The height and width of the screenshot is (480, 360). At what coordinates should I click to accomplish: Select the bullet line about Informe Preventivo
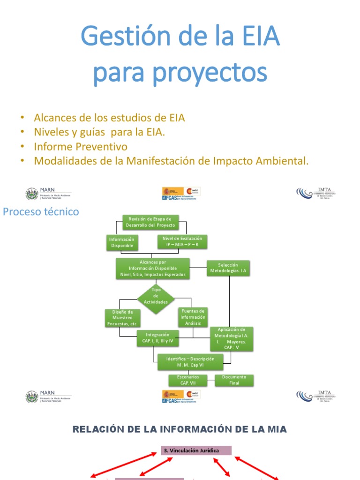coord(81,147)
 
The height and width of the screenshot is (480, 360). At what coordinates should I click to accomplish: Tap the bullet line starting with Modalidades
coord(172,161)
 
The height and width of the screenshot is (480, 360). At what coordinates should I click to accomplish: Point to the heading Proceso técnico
coord(41,212)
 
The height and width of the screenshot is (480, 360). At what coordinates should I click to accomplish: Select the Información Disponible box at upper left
coord(121,242)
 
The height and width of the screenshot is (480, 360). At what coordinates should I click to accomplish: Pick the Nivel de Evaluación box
coord(181,241)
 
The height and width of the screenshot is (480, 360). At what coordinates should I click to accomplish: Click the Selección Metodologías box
coord(228,269)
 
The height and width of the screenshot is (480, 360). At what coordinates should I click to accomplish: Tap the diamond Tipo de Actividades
coord(156,296)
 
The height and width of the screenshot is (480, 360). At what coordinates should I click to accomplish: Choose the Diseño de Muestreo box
coord(123,318)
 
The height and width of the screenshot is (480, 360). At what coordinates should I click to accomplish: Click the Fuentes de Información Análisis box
coord(193,317)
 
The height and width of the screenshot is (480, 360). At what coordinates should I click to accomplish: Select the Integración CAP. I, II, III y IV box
coord(157,337)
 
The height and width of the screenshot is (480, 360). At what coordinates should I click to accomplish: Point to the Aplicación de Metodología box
coord(232,338)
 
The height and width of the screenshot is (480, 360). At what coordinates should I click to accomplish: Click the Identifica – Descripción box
coord(190,361)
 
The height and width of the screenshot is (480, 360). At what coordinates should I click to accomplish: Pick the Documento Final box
coord(234,380)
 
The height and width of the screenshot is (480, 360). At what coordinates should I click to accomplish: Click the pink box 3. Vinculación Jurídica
coord(196,450)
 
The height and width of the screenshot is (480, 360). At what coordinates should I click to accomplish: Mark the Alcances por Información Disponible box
coord(153,269)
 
